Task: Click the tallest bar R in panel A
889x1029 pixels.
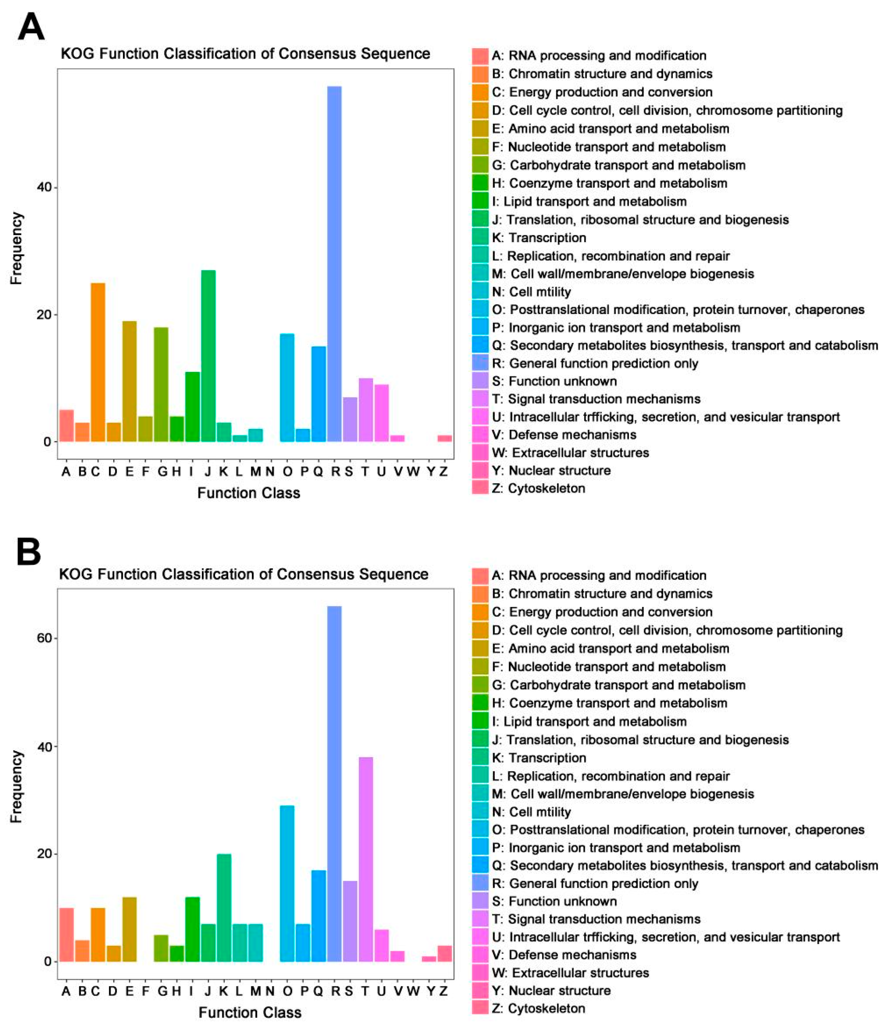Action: click(x=334, y=263)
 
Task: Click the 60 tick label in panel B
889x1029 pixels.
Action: click(x=45, y=638)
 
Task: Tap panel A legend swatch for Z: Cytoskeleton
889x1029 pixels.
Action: click(x=480, y=488)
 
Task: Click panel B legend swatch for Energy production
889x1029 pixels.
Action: click(x=480, y=612)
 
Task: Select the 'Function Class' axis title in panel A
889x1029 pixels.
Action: click(x=249, y=493)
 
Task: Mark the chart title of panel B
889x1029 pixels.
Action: click(x=244, y=574)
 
